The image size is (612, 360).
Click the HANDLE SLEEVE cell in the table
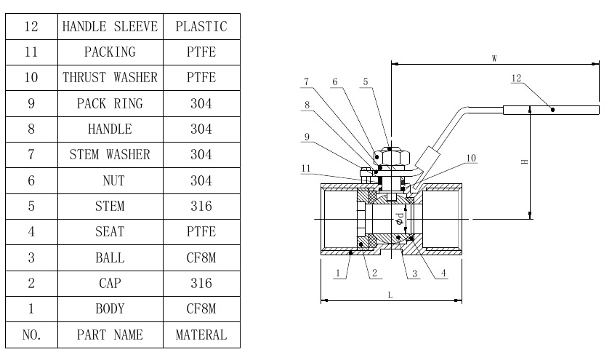pyautogui.click(x=110, y=27)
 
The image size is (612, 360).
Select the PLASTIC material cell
pyautogui.click(x=201, y=27)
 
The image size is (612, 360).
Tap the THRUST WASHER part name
pyautogui.click(x=110, y=78)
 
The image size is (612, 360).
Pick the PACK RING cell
pyautogui.click(x=110, y=103)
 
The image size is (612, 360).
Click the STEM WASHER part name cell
pyautogui.click(x=110, y=154)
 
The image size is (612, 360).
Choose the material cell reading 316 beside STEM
pyautogui.click(x=201, y=206)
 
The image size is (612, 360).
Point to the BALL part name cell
pyautogui.click(x=110, y=257)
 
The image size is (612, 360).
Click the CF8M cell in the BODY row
pyautogui.click(x=201, y=308)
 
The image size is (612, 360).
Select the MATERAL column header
pyautogui.click(x=201, y=335)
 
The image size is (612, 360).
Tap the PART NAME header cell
pyautogui.click(x=110, y=335)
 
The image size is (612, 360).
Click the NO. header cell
pyautogui.click(x=31, y=335)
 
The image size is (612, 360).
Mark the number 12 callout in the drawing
pyautogui.click(x=516, y=78)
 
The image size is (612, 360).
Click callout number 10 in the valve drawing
pyautogui.click(x=471, y=158)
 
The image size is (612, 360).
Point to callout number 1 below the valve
pyautogui.click(x=338, y=273)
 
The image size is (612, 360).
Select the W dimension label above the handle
pyautogui.click(x=494, y=57)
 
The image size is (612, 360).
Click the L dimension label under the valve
pyautogui.click(x=390, y=295)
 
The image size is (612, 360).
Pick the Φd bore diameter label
pyautogui.click(x=398, y=220)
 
